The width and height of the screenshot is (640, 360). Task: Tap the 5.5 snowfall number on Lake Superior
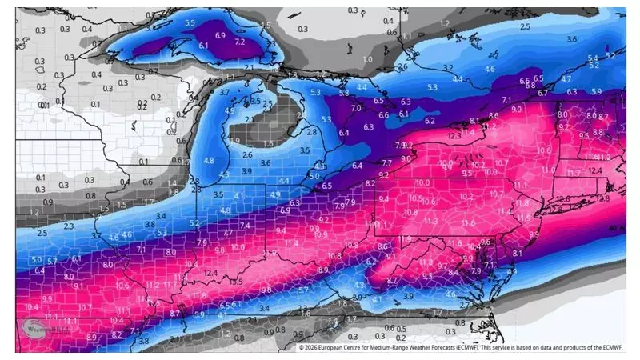[190, 23]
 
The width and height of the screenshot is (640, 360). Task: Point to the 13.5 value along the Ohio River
[236, 282]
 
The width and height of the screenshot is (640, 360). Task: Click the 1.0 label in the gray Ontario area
[367, 60]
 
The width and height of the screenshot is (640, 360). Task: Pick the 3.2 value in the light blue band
[447, 67]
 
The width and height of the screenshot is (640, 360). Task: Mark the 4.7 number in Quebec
[566, 79]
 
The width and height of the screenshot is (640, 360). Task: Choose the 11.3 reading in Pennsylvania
[430, 221]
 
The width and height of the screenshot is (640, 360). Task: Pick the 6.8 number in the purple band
[525, 82]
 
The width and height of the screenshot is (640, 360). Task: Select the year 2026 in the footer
[315, 348]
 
